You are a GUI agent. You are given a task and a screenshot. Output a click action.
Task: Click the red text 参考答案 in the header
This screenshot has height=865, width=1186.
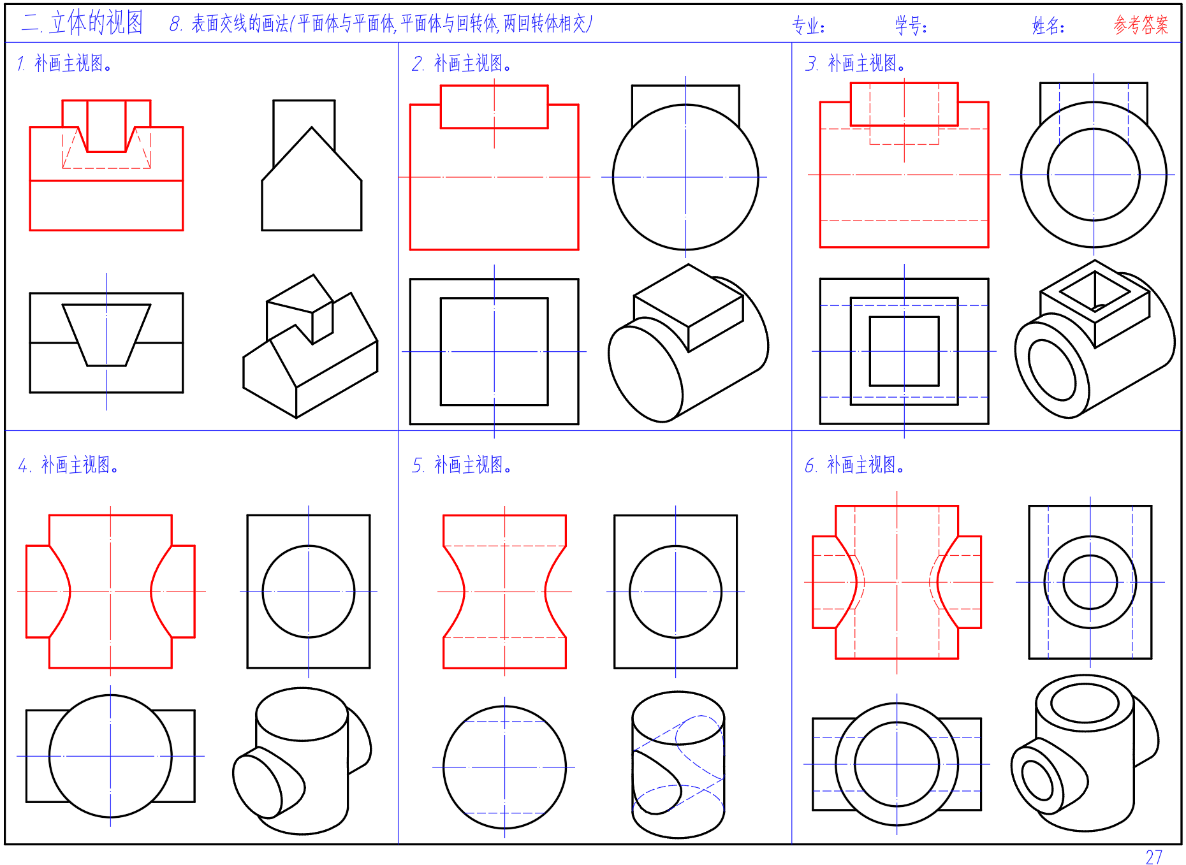(1141, 25)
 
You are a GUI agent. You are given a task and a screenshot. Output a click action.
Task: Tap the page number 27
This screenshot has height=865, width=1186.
(1153, 857)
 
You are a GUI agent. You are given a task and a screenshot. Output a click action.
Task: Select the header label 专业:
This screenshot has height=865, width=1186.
(809, 26)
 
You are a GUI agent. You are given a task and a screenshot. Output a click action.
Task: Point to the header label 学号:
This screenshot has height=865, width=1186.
(911, 26)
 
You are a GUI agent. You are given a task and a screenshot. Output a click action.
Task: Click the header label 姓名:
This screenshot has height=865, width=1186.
(1048, 26)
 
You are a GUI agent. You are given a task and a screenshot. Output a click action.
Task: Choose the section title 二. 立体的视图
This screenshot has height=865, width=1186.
(82, 23)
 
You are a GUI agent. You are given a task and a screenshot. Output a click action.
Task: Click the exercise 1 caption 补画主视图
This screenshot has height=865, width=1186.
(73, 63)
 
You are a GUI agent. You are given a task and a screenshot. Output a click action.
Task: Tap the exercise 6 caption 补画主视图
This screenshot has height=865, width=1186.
(865, 465)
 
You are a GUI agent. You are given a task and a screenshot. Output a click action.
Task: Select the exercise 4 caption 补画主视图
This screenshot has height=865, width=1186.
(80, 465)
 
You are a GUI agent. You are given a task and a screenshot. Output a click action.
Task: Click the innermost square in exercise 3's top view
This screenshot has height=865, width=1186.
(870, 351)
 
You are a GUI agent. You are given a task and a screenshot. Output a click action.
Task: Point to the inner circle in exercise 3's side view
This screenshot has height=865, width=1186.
(1048, 175)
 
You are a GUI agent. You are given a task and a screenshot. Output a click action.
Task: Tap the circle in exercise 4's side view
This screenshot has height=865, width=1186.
(263, 592)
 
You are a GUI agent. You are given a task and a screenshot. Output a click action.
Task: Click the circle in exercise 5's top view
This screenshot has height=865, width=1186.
(444, 767)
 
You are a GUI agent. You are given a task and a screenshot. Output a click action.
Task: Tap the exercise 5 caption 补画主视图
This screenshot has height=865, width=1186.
(472, 465)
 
